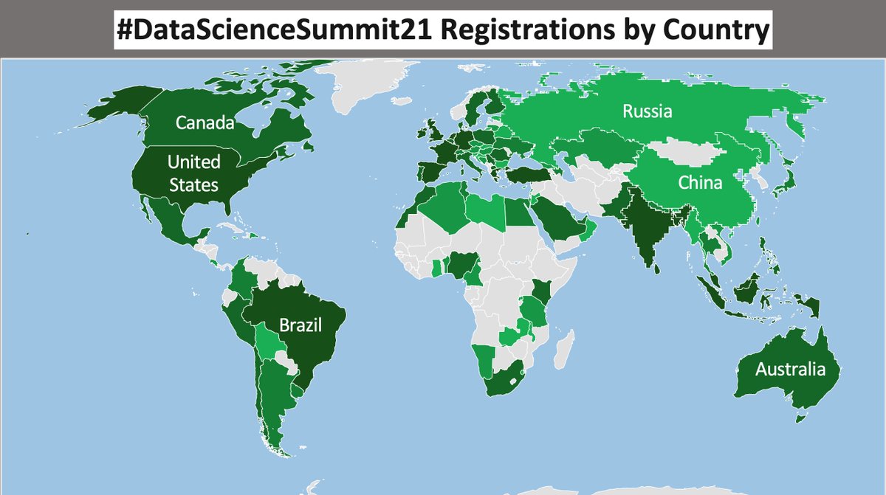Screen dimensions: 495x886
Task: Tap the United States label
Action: (x=193, y=173)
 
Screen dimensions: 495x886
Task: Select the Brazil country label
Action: (x=300, y=325)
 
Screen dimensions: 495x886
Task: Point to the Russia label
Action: (x=647, y=112)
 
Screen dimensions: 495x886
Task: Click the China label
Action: (x=699, y=182)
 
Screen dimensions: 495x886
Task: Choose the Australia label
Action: (x=789, y=369)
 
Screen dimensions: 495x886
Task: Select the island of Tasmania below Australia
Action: (x=800, y=418)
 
